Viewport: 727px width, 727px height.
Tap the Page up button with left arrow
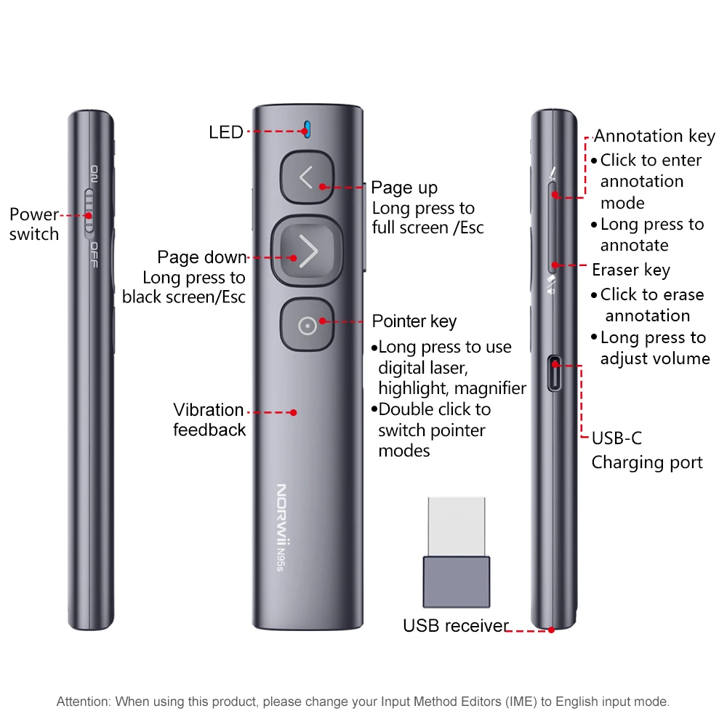tap(306, 177)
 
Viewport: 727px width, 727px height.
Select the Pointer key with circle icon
tap(307, 326)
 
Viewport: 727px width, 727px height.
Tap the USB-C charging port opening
tap(555, 374)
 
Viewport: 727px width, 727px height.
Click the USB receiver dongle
tap(457, 553)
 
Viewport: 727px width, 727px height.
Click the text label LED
tap(226, 132)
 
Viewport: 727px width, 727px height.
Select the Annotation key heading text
tap(654, 136)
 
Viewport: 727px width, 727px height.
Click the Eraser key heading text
tap(630, 270)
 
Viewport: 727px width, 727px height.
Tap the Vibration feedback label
tap(209, 419)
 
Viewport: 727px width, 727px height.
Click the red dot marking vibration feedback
tap(293, 412)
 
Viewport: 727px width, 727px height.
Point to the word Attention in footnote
tap(82, 702)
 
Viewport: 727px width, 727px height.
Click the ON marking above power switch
tap(95, 174)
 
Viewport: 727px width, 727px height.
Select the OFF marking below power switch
tap(94, 255)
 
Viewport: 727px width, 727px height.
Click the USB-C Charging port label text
tap(646, 451)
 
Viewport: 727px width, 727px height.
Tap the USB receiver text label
tap(455, 626)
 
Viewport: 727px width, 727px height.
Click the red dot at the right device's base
tap(551, 630)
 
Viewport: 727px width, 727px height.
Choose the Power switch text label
tap(34, 224)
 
